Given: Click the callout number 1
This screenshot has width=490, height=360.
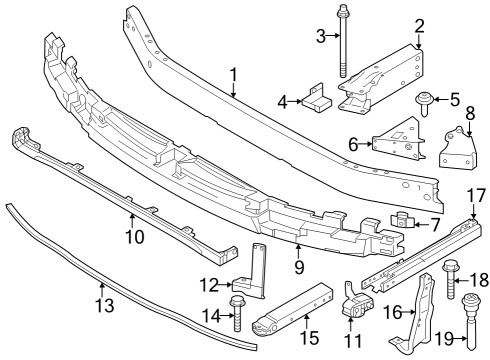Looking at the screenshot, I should click(x=233, y=75).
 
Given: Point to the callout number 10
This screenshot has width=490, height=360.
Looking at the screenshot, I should click(x=133, y=237).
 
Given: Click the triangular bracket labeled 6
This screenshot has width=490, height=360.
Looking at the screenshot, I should click(x=397, y=145).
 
